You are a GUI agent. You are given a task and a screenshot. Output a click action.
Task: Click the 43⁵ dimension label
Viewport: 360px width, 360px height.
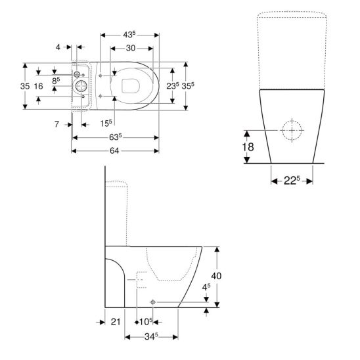(x=129, y=35)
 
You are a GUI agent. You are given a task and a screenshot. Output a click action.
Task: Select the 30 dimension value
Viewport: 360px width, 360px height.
(x=131, y=48)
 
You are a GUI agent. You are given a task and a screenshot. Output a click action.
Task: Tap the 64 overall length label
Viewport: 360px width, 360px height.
(x=114, y=150)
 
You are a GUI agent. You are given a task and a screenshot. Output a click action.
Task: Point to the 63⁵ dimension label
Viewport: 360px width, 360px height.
(x=115, y=137)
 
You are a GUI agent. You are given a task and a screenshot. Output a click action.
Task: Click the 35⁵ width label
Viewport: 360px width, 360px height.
(x=188, y=85)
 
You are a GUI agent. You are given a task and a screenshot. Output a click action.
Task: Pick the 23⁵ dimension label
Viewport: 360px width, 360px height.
(x=173, y=85)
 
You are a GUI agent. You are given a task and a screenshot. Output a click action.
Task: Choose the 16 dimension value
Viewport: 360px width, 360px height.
(x=38, y=86)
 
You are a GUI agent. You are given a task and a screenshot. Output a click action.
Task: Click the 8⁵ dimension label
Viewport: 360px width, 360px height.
(x=56, y=81)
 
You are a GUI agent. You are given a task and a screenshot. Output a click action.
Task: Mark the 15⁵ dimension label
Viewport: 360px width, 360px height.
(x=106, y=124)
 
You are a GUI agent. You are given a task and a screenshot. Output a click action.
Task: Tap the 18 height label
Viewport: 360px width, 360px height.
(x=248, y=147)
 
